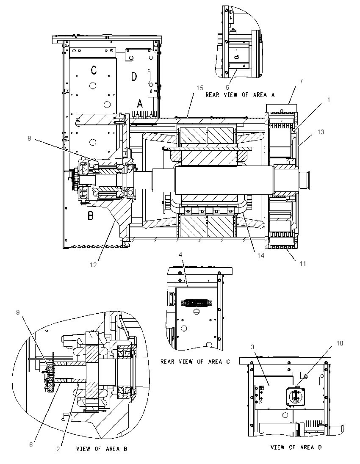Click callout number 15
tap(200, 88)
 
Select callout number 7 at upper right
tap(302, 81)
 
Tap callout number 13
tap(321, 132)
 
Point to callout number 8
tap(29, 138)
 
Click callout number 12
tap(93, 265)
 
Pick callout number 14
tap(261, 255)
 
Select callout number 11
tap(302, 263)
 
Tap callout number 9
tap(18, 312)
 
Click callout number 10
tap(340, 343)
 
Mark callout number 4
tap(180, 255)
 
